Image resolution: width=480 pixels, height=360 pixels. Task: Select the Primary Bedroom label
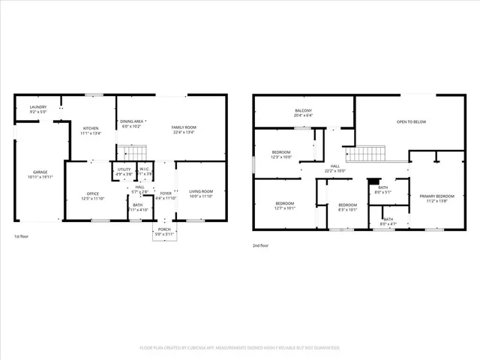436,197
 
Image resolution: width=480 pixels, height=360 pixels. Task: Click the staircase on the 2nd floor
365,154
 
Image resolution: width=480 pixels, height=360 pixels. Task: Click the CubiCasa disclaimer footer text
239,348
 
